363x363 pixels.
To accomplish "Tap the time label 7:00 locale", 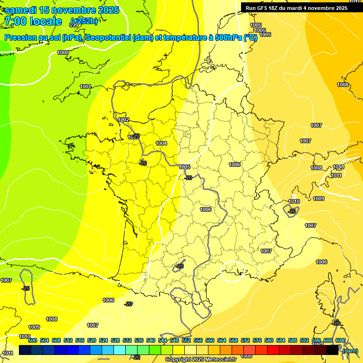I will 33,21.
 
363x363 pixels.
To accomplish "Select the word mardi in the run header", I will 298,8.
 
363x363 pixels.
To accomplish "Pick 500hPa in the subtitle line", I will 227,38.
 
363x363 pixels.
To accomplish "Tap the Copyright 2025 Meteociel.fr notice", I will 200,360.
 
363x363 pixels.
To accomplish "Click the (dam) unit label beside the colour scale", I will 350,350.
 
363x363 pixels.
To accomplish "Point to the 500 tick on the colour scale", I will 33,341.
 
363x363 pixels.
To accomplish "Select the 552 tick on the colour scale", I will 186,341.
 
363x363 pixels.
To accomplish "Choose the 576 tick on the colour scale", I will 257,341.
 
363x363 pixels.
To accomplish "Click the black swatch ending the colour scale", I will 332,350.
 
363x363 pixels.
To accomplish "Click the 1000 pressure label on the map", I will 63,53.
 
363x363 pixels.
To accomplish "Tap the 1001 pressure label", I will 86,86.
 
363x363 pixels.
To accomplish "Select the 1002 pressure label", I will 124,120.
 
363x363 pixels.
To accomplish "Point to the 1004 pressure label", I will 161,143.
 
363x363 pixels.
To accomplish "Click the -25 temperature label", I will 26,288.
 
